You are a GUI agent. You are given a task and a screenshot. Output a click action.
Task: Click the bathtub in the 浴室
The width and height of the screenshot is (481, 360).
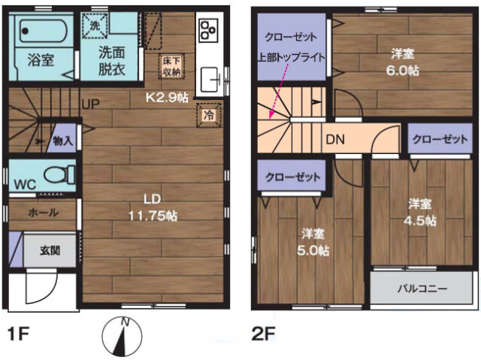(44, 31)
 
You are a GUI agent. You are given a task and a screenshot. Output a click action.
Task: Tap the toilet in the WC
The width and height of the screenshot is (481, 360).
(60, 174)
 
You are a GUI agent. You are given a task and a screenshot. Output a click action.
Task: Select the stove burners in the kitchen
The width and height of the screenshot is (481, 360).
(209, 30)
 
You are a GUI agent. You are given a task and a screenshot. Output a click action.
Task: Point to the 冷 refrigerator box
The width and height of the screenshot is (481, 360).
(209, 115)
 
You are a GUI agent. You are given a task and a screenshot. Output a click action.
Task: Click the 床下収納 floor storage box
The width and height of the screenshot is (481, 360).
(171, 67)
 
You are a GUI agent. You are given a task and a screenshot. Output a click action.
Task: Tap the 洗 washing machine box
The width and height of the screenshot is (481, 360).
(95, 26)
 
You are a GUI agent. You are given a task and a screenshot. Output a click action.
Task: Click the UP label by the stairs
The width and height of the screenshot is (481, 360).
(90, 104)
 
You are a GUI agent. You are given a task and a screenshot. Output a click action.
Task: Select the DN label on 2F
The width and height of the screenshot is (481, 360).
(335, 140)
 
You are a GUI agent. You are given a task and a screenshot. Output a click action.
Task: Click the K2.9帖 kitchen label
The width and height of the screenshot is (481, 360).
(167, 98)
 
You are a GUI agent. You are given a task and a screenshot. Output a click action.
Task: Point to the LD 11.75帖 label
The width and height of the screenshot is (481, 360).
(153, 207)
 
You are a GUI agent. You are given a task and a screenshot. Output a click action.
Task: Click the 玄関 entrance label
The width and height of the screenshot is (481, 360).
(50, 251)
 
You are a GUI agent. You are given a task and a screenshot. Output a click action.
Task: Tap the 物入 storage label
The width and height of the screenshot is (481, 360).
(62, 141)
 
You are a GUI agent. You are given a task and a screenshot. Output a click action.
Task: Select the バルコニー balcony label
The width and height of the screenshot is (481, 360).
(422, 289)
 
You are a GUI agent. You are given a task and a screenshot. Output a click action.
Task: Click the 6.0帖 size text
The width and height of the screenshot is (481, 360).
(403, 71)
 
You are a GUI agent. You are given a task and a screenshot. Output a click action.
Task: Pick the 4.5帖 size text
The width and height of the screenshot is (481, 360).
(420, 220)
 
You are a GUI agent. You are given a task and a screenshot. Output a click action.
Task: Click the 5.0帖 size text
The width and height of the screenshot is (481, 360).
(313, 250)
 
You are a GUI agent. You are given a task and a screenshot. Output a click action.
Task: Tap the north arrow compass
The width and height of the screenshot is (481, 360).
(122, 336)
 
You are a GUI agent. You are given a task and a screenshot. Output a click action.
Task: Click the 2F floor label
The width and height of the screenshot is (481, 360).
(263, 334)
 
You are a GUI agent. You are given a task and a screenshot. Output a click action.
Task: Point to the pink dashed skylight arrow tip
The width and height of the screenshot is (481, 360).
(270, 118)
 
